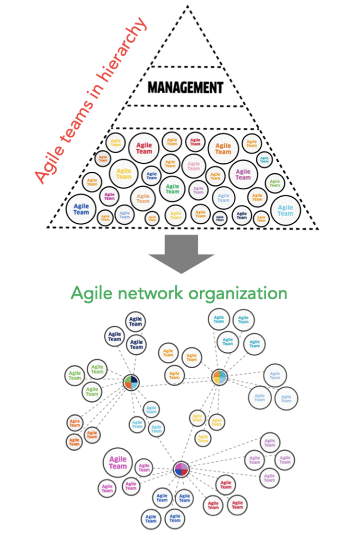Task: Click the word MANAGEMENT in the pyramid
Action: [185, 87]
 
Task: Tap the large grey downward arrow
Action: [181, 253]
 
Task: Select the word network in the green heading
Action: [155, 293]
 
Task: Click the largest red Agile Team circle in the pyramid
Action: [144, 147]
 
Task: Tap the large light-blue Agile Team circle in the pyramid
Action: [285, 210]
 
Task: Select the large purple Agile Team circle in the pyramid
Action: [242, 174]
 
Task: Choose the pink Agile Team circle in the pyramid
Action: [193, 166]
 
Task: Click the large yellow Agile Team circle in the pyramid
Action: [123, 173]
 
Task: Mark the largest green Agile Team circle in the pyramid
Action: [172, 189]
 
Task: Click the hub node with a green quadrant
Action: [131, 383]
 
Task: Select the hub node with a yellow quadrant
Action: [219, 377]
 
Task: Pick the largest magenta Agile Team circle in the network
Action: [118, 463]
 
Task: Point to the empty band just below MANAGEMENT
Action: [186, 117]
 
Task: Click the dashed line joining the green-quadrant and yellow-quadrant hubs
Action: [175, 380]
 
